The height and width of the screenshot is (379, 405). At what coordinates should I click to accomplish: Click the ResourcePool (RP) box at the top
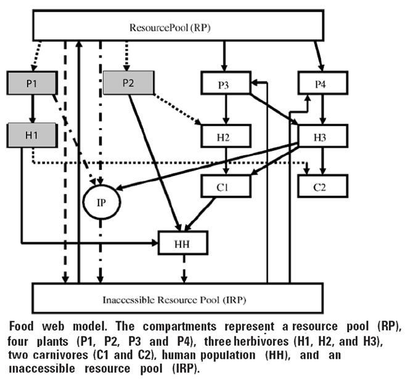[x=178, y=26]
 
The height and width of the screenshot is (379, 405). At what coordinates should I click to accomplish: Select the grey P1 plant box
[x=32, y=84]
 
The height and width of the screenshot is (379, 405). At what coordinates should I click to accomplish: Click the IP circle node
[x=102, y=201]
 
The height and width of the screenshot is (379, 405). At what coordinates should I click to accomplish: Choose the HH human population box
[x=183, y=242]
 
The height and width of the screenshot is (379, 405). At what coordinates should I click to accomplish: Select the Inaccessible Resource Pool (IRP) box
[x=178, y=298]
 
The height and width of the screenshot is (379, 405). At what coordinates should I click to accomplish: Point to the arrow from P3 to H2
[x=226, y=110]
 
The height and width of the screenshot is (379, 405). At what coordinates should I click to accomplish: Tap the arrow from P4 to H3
[x=322, y=110]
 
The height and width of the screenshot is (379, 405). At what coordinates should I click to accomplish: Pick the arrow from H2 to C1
[x=226, y=161]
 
